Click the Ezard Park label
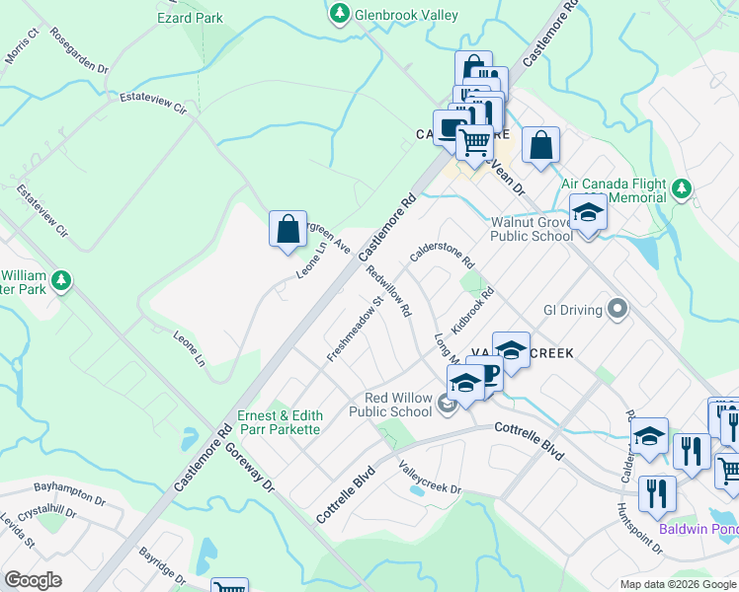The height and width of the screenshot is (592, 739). coord(190,18)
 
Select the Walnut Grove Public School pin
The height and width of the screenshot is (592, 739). coord(588,214)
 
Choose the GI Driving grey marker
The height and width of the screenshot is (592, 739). coord(618,310)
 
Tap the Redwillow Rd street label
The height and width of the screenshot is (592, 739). coord(388,290)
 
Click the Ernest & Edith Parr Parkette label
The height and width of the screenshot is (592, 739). coord(279,422)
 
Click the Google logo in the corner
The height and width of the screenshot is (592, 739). coord(34,579)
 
